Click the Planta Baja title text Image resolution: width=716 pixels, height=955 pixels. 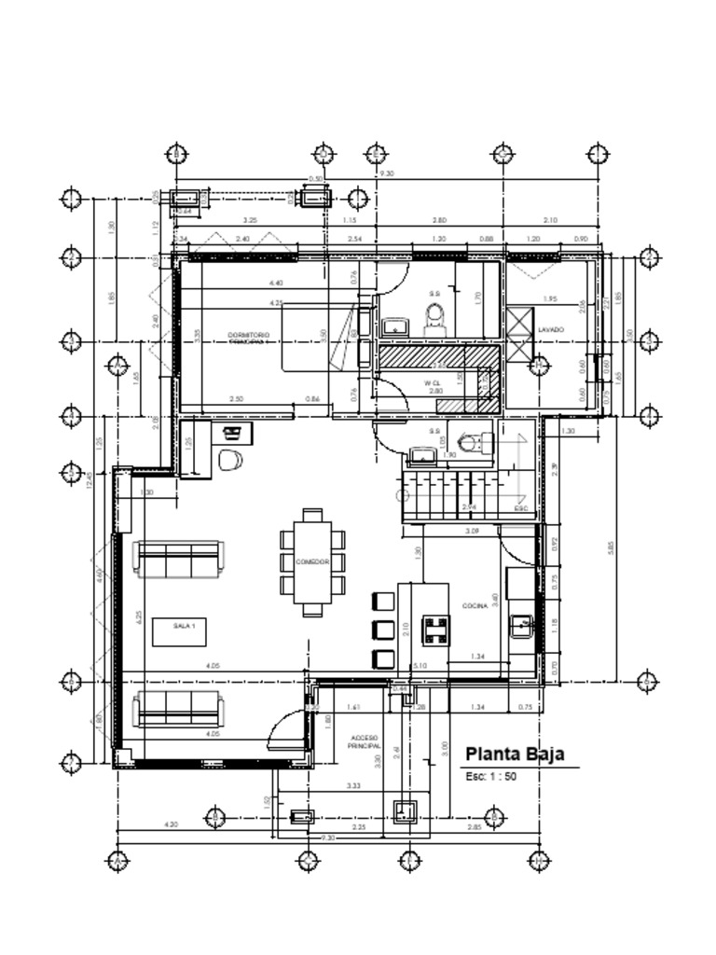(514, 754)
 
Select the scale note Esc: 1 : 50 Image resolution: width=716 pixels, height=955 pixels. (490, 776)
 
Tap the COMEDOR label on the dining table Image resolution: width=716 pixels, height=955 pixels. (312, 562)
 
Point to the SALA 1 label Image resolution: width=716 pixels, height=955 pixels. (184, 627)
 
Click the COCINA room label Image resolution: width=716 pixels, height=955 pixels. (475, 605)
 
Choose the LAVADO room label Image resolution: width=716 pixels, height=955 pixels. (551, 329)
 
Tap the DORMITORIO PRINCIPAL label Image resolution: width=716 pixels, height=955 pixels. (248, 338)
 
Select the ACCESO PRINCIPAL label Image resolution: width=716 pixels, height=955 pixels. (364, 742)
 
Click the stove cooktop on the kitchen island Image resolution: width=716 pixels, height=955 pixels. (434, 631)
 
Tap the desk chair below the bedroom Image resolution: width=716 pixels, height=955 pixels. (230, 459)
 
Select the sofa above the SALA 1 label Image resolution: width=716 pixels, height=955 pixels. (177, 559)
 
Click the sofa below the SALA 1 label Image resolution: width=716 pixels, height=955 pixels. (177, 709)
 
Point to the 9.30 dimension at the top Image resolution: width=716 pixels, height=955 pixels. (385, 173)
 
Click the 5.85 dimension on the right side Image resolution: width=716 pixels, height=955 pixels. (612, 548)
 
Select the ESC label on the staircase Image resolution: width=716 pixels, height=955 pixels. (521, 509)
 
